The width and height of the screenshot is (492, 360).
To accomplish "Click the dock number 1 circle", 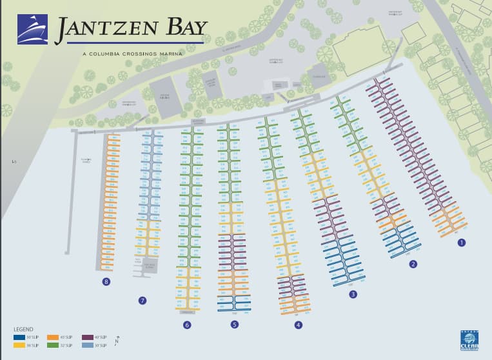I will (461, 243).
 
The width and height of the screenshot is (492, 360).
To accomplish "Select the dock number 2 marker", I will (413, 264).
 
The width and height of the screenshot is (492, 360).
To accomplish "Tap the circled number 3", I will (353, 295).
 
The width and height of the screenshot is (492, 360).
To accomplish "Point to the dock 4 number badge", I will (298, 325).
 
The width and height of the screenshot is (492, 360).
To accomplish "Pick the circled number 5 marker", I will (235, 325).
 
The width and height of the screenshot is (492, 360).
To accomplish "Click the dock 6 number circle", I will (187, 325).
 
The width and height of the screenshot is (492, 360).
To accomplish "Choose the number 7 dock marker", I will (143, 301).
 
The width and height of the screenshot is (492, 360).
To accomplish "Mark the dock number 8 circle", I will (106, 282).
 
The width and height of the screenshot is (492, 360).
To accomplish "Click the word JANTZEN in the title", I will (99, 28).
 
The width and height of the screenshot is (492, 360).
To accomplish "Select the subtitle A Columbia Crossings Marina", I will (132, 54).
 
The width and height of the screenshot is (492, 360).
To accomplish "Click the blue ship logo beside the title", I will (32, 30).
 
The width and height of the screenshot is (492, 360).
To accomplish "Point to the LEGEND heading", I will (23, 330).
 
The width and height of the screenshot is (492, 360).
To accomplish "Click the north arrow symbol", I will (117, 340).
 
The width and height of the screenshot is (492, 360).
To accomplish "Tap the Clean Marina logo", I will (469, 340).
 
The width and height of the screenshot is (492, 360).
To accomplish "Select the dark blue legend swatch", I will (19, 337).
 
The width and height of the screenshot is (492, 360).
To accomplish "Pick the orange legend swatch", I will (54, 337).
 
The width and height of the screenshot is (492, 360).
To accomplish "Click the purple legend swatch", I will (88, 337).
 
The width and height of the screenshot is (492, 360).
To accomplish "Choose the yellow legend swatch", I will (19, 346).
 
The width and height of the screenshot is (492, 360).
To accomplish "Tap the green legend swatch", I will (54, 346).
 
